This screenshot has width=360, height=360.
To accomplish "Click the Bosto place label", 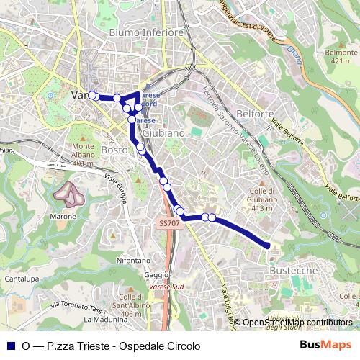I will click(x=114, y=150).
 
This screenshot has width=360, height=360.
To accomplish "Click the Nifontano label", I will click(x=133, y=260).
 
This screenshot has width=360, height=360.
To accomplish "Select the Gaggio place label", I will click(x=156, y=275).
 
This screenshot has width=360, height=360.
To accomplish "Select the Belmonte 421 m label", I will click(x=341, y=56).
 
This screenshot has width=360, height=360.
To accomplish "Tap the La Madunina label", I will click(x=105, y=320).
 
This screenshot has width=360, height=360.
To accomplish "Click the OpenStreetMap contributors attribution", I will click(x=297, y=323).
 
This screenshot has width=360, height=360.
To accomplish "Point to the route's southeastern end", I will click(x=269, y=246).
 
